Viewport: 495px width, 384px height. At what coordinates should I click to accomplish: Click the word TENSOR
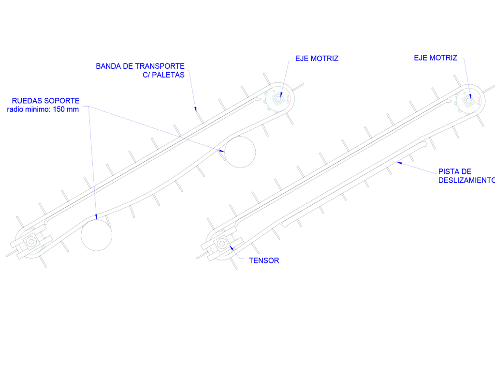coord(264,261)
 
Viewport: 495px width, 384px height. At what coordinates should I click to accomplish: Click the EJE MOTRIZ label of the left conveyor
coord(317,59)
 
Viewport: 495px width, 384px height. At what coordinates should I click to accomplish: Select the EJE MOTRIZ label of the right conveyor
coord(436,58)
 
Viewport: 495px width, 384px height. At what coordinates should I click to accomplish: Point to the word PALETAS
coord(168,75)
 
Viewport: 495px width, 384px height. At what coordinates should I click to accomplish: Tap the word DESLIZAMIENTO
coord(466,180)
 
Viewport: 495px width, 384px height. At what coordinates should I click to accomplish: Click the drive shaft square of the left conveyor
coord(278,99)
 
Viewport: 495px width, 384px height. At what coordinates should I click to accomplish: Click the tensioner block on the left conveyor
coord(31,242)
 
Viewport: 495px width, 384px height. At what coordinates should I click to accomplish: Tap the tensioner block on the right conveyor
coord(222,243)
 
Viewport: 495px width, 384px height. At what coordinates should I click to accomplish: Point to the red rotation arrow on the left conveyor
coord(288,99)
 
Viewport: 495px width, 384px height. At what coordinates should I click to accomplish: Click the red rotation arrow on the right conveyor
coord(479,101)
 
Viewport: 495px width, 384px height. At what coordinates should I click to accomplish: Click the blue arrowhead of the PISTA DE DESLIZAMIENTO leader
coord(399,163)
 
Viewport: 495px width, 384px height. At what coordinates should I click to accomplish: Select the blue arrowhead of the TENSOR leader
coord(232,247)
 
